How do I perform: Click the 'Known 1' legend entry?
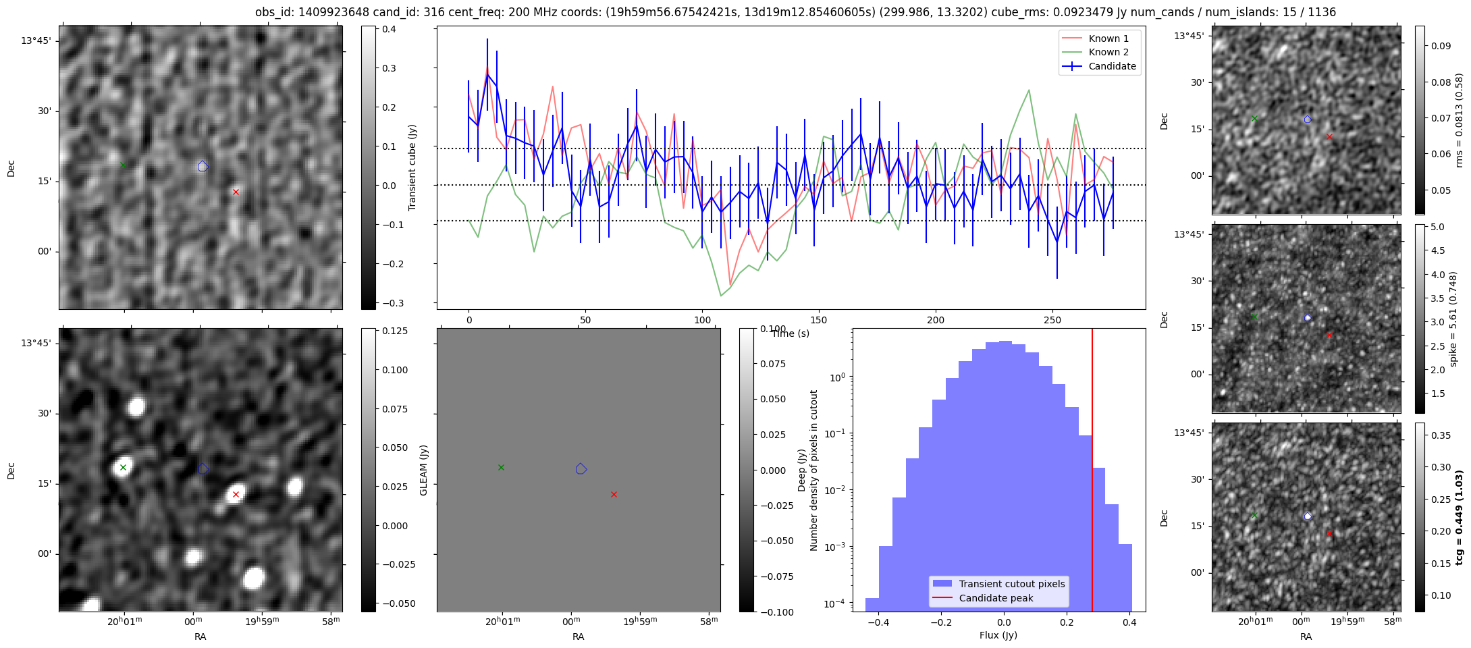(1108, 38)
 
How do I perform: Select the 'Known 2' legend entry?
(1108, 52)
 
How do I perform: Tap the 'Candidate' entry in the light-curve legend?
(1112, 66)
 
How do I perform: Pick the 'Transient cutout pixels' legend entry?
(1011, 584)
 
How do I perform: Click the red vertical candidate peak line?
(1092, 473)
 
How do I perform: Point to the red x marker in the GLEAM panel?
(614, 495)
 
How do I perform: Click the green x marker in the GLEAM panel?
(501, 467)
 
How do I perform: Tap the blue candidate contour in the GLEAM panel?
(581, 468)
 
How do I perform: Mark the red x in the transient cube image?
(236, 192)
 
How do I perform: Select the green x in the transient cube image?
(123, 165)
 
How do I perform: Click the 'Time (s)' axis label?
(791, 333)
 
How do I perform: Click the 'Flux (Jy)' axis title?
(998, 635)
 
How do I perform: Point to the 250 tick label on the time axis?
(1052, 320)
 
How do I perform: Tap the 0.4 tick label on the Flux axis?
(1129, 623)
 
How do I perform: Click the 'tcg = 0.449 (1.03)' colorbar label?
(1458, 518)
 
